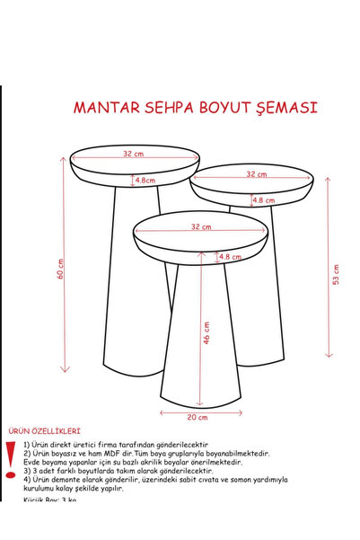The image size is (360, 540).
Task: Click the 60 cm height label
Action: click(60, 269)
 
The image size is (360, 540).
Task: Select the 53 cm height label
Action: click(336, 274)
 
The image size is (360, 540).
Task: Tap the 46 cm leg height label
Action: click(206, 332)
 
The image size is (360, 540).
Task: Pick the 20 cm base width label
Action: click(197, 417)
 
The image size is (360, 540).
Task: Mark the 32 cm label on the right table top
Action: click(256, 174)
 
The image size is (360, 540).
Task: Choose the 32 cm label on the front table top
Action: click(200, 227)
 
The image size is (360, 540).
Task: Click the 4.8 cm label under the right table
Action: click(263, 200)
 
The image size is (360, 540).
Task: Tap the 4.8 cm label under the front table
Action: click(230, 257)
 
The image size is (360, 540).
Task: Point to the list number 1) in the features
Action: click(27, 445)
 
